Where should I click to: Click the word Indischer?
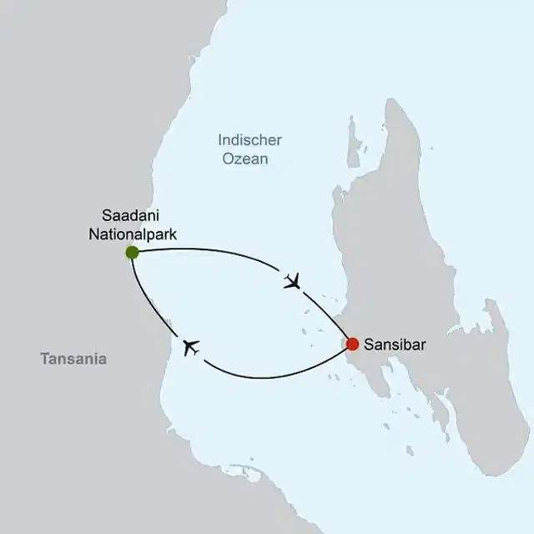(249, 140)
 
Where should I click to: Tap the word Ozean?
(245, 159)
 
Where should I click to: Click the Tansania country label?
(73, 359)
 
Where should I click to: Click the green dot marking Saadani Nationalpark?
(132, 252)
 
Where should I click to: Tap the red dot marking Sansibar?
(353, 344)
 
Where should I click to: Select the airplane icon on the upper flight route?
(291, 281)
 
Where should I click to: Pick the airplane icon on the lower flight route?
(191, 348)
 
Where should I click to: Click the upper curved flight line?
(217, 253)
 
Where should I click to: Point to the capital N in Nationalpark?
(93, 234)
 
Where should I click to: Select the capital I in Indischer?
(219, 140)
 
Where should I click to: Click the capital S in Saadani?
(104, 216)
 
